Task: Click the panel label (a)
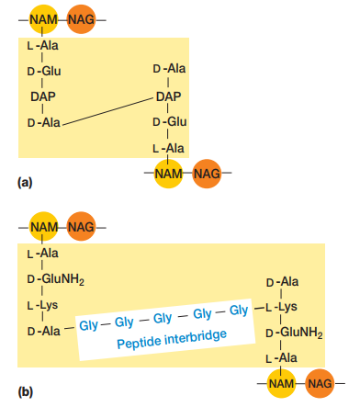pos(25,182)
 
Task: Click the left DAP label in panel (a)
pos(43,96)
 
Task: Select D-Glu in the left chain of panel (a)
pos(45,70)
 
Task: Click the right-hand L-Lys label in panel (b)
pos(279,307)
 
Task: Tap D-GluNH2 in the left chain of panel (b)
pos(56,279)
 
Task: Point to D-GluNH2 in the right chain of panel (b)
pos(292,332)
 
